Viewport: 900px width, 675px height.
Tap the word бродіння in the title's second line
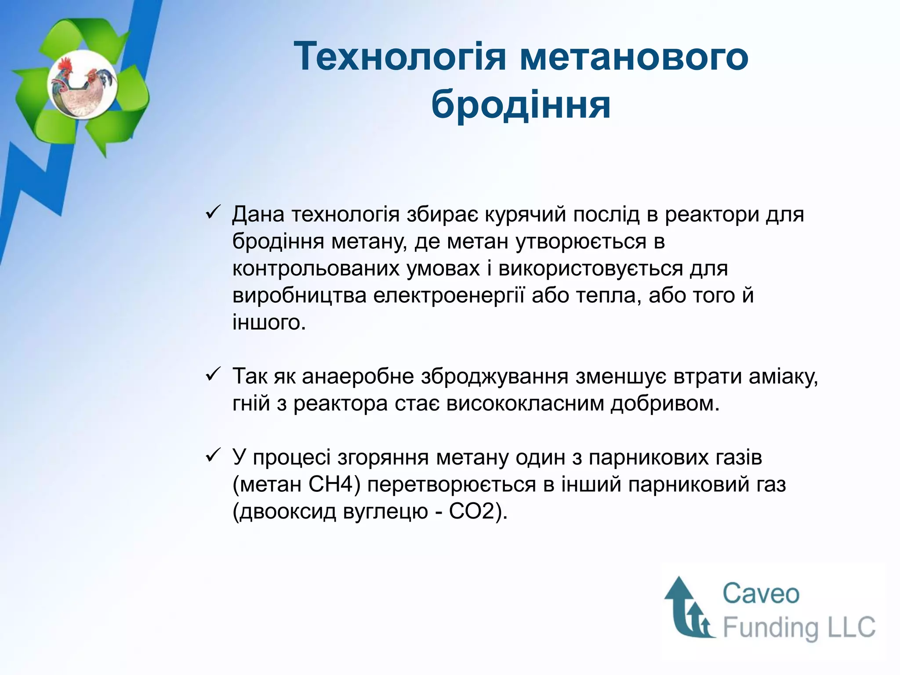pos(521,105)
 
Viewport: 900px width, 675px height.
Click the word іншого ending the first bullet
pos(269,323)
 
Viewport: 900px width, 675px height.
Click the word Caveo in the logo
pos(761,594)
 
